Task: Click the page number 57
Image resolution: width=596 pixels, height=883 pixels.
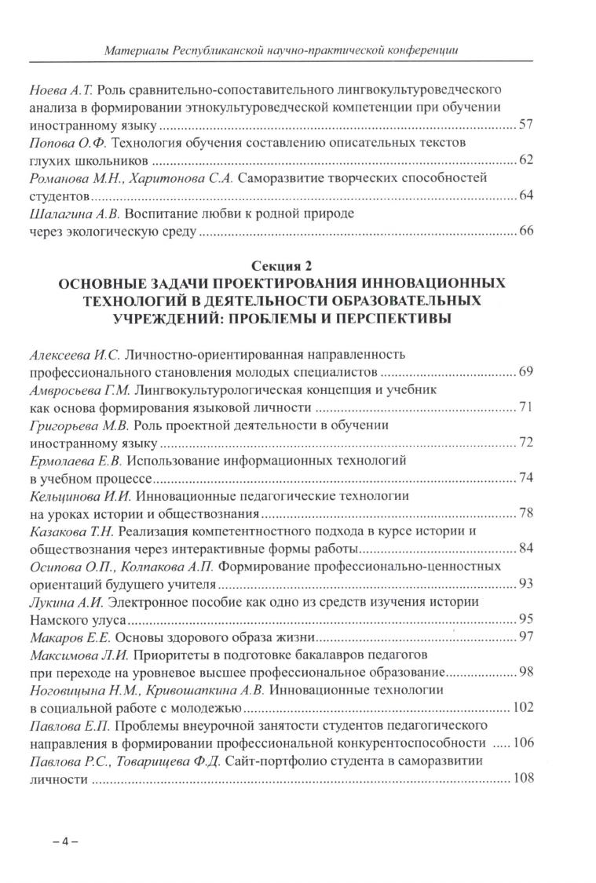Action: (x=526, y=125)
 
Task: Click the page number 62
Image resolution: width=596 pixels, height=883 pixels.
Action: (x=526, y=160)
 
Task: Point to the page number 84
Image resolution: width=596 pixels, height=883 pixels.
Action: (x=526, y=547)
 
